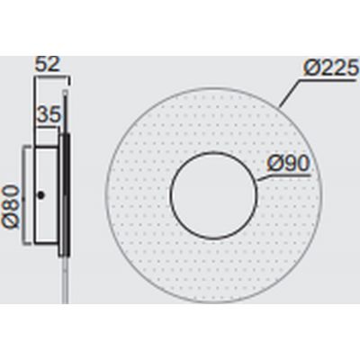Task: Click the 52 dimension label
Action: (x=48, y=65)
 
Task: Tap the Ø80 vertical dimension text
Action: (x=11, y=207)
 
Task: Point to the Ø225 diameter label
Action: (x=331, y=68)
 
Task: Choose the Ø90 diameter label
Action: (x=288, y=165)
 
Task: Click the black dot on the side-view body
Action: (x=40, y=195)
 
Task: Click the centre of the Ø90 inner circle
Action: (x=213, y=196)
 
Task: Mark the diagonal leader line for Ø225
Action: (x=289, y=94)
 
